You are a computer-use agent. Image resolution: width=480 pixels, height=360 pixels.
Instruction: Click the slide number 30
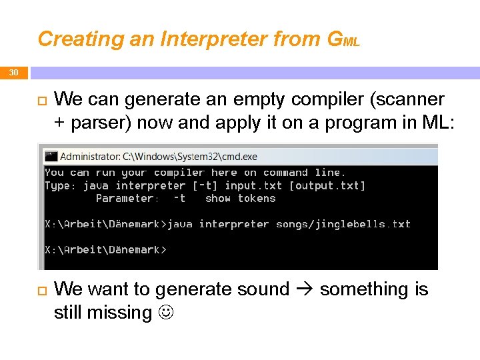(14, 73)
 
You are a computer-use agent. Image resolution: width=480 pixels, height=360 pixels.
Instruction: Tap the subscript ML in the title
(351, 43)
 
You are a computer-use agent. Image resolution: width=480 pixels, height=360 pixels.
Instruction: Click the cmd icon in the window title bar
(51, 156)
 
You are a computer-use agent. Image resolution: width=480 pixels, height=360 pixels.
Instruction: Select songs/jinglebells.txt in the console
(343, 225)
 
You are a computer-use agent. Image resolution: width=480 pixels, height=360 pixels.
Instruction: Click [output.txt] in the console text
(327, 186)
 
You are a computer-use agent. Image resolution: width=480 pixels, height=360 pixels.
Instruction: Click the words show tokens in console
(240, 199)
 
